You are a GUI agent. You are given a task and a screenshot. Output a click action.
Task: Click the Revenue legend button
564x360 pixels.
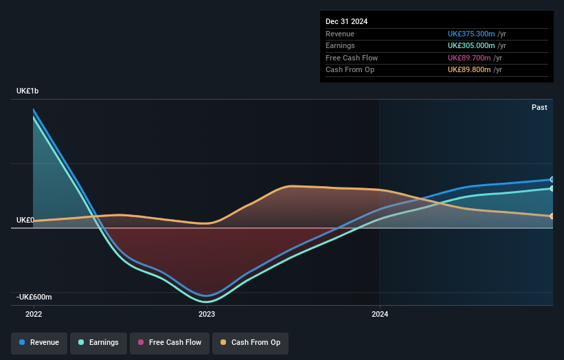(39, 342)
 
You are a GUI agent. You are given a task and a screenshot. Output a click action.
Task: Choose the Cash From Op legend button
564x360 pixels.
(250, 342)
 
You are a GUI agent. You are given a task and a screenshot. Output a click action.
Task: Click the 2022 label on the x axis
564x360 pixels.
(34, 314)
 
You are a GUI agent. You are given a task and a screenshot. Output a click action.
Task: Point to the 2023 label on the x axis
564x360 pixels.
(207, 314)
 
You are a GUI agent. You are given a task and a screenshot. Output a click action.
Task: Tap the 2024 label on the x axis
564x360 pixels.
(380, 314)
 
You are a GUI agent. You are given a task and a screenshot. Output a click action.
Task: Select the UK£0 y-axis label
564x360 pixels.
(25, 220)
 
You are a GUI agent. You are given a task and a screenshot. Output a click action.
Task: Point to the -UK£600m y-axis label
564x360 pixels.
(34, 297)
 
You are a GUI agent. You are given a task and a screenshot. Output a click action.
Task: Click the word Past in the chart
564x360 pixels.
(539, 107)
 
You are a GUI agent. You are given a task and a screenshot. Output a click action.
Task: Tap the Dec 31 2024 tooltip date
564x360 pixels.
(346, 21)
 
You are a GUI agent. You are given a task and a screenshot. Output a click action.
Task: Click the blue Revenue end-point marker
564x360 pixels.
(552, 179)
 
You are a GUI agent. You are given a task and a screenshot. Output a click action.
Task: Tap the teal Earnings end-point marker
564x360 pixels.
(552, 188)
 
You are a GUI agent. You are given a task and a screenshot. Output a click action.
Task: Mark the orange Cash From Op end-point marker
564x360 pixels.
(552, 216)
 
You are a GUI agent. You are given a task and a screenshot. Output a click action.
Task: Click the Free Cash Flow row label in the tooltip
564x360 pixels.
(352, 58)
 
